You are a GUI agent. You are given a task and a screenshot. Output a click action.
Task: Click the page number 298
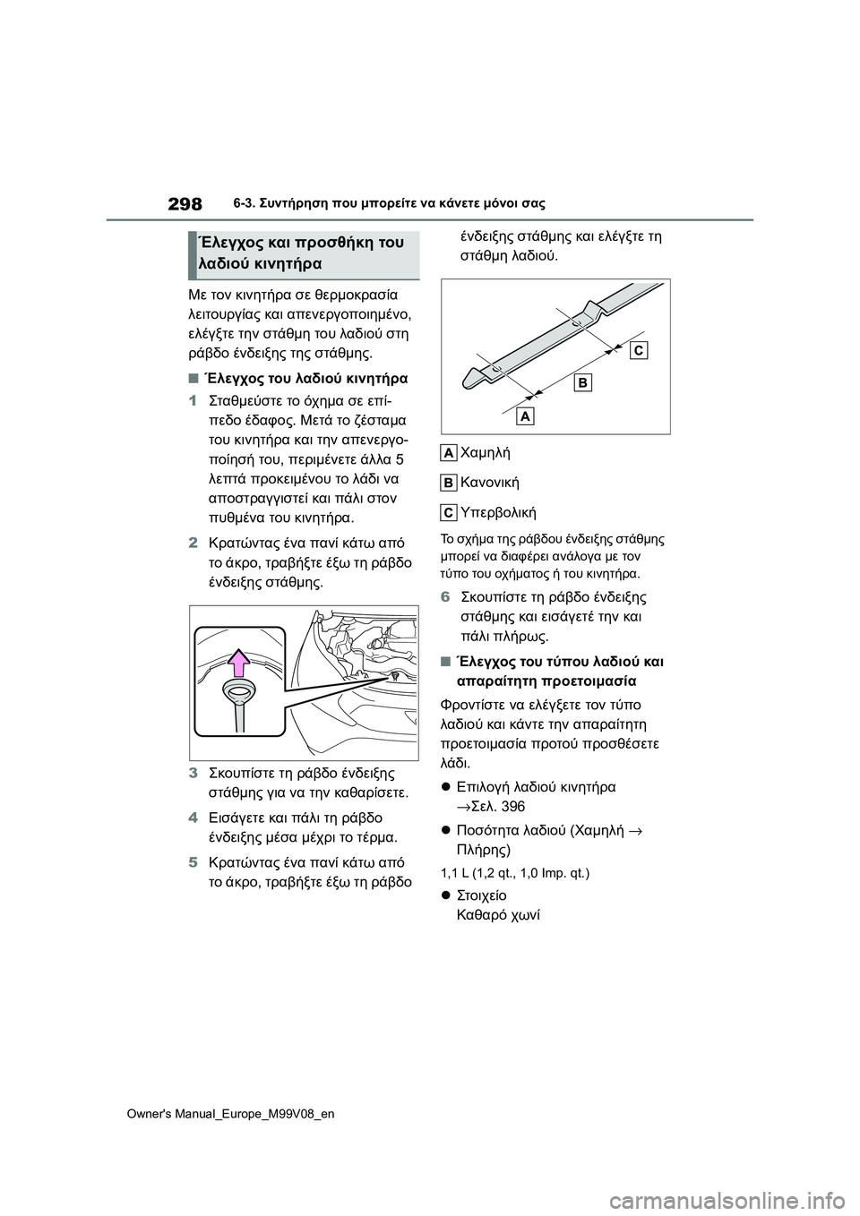(x=184, y=204)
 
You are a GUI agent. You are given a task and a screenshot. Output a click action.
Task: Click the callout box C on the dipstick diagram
(x=638, y=350)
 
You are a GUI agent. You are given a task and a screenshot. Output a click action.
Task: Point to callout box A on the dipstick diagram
(x=525, y=416)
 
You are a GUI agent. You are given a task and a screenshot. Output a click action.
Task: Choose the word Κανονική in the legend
(x=489, y=483)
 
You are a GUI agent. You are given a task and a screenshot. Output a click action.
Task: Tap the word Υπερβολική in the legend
(x=497, y=512)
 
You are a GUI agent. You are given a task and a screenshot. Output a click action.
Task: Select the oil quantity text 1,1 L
(x=458, y=871)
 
